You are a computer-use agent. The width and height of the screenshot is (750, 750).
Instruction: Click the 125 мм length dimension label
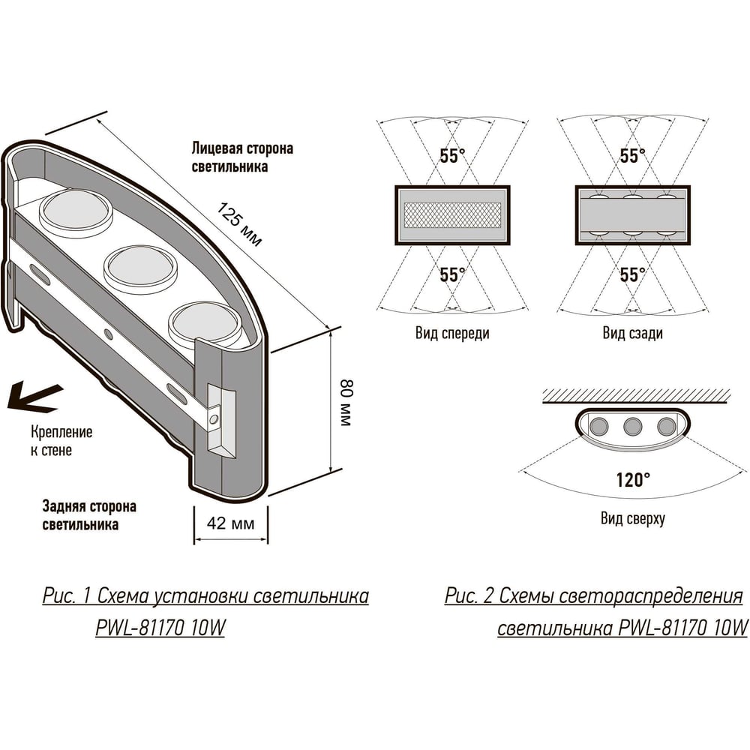pyautogui.click(x=239, y=224)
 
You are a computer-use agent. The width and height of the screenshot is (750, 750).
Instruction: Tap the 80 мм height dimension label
pyautogui.click(x=346, y=402)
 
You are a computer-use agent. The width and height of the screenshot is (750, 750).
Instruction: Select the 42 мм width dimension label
pyautogui.click(x=230, y=523)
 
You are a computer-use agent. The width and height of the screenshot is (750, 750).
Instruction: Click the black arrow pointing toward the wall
pyautogui.click(x=34, y=398)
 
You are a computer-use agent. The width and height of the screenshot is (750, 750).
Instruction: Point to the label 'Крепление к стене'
pyautogui.click(x=61, y=441)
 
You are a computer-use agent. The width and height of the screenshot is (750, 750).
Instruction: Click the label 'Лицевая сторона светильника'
pyautogui.click(x=242, y=157)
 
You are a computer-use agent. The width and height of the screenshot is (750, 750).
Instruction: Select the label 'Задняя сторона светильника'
pyautogui.click(x=89, y=515)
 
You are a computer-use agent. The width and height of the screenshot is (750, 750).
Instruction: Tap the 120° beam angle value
pyautogui.click(x=633, y=480)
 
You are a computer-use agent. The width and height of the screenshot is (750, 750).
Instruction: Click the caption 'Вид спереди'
pyautogui.click(x=452, y=333)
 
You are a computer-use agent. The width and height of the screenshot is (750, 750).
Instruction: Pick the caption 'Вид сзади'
pyautogui.click(x=632, y=333)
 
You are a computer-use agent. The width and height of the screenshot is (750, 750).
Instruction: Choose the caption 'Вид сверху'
pyautogui.click(x=632, y=518)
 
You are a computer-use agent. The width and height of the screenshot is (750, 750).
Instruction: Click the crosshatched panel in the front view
pyautogui.click(x=452, y=214)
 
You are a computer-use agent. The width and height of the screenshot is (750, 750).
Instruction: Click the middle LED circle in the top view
pyautogui.click(x=632, y=426)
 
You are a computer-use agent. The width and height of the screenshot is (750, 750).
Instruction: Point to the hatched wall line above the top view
pyautogui.click(x=636, y=397)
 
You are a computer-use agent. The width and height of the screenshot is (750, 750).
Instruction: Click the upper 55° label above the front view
pyautogui.click(x=452, y=155)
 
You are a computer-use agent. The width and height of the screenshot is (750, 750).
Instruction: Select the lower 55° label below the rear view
pyautogui.click(x=632, y=274)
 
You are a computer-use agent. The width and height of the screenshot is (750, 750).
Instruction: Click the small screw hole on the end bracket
pyautogui.click(x=214, y=420)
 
